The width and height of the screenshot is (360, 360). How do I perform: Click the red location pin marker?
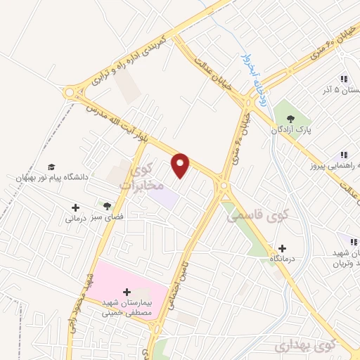coord(181,165)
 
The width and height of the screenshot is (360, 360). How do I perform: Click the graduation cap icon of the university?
coord(51,167)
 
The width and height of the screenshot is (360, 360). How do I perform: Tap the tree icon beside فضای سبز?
coord(106,206)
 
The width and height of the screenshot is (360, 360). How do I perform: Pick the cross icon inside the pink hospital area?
coord(127,292)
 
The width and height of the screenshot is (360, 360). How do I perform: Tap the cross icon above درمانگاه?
coord(282,247)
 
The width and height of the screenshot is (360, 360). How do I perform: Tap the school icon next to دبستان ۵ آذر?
coord(344,79)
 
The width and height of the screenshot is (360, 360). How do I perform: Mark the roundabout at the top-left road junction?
coord(71,94)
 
